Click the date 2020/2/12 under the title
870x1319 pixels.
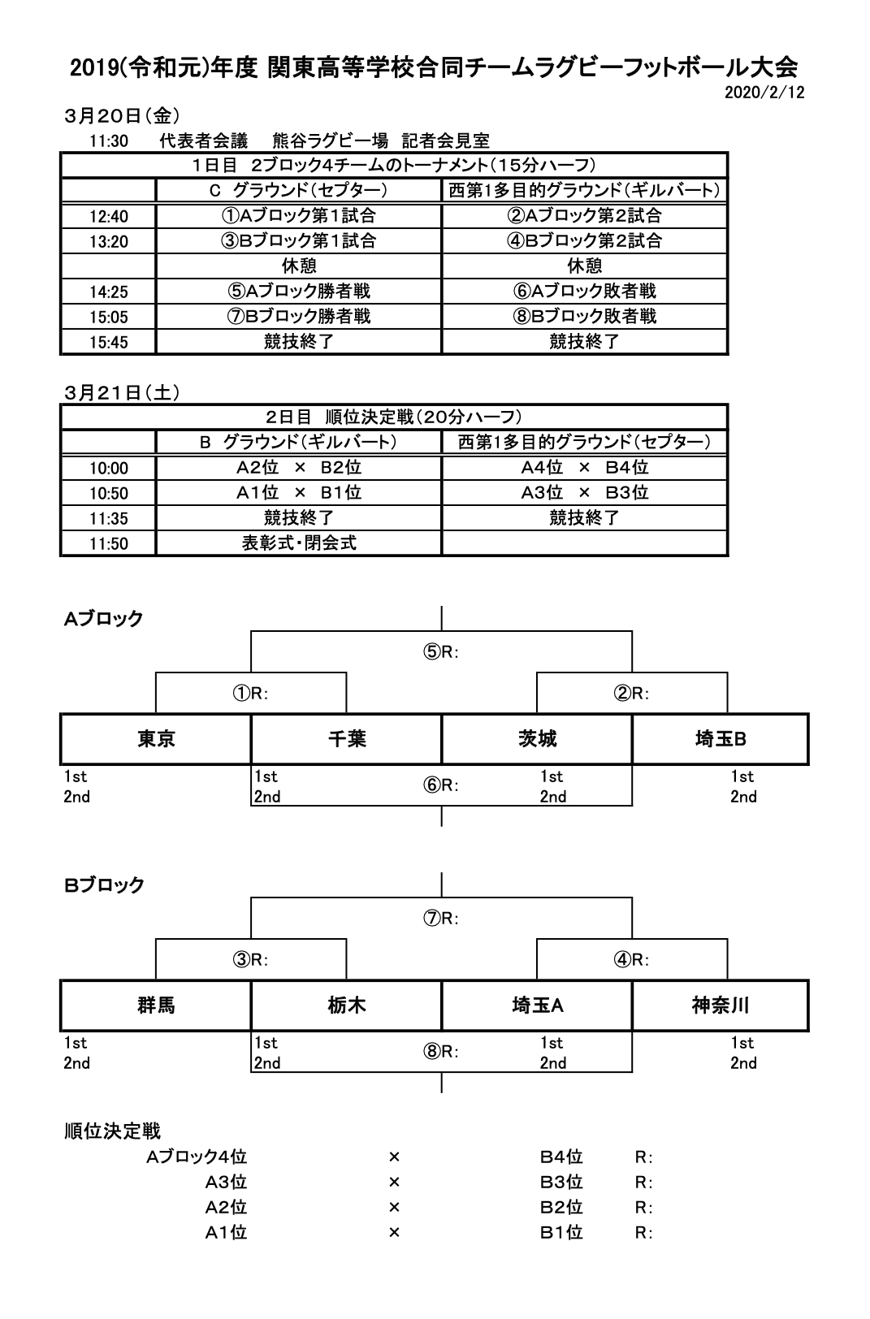[764, 93]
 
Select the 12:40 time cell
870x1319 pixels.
[109, 217]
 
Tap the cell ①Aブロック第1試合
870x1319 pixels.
[299, 216]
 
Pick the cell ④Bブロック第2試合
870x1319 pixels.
[584, 241]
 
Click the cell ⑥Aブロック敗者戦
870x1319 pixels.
[584, 292]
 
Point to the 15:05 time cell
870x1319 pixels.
[109, 318]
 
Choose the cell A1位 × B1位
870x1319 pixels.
[299, 493]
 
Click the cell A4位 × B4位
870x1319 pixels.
[584, 468]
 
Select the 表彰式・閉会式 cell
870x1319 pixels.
[299, 543]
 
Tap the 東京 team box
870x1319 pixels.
[156, 739]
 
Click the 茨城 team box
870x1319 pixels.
[537, 739]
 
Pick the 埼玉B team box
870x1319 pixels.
[721, 739]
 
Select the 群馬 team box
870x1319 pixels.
[156, 1005]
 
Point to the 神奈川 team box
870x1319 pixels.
[721, 1005]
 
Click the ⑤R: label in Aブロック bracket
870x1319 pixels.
[441, 652]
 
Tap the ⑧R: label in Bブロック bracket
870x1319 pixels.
[441, 1052]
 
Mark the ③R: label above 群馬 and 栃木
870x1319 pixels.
[250, 960]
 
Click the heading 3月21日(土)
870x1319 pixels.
[122, 393]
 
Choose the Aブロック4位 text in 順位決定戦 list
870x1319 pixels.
[197, 1157]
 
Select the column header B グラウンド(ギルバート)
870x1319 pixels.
[299, 443]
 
